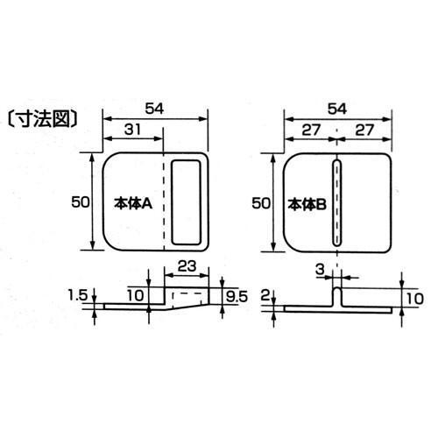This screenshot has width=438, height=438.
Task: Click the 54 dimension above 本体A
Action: (155, 109)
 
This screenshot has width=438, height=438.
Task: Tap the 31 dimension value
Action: (133, 130)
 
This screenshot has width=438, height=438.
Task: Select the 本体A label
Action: (133, 204)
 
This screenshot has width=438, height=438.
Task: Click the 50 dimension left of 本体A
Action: (81, 202)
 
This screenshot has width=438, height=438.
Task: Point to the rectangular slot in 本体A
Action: (187, 202)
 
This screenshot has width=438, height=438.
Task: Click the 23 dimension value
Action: (187, 266)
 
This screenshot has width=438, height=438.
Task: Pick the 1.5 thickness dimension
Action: (78, 295)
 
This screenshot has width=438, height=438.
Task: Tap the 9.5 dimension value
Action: (237, 297)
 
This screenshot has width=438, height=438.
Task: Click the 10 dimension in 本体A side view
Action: (136, 296)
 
